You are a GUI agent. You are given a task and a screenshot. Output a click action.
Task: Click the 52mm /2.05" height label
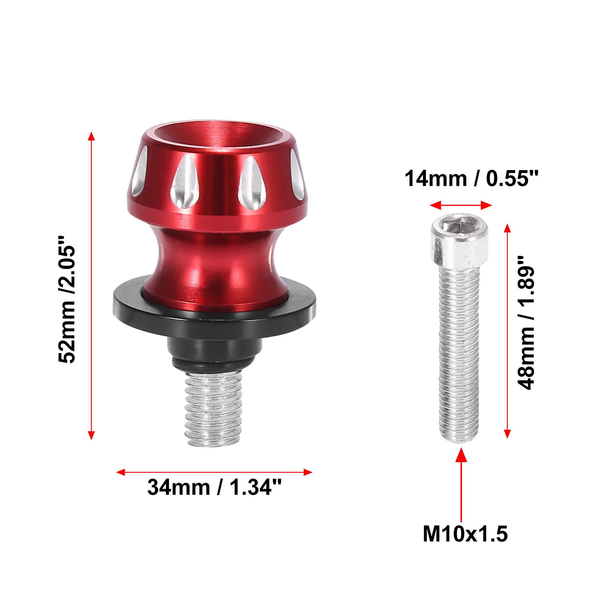pos(67,299)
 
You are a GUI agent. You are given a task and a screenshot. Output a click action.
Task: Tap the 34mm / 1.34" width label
pos(214,487)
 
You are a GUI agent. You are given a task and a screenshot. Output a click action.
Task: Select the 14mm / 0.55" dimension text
pos(471,179)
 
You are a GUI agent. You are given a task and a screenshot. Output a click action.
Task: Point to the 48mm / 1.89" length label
pos(527,323)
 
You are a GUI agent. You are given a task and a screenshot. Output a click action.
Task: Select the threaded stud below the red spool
pos(213,409)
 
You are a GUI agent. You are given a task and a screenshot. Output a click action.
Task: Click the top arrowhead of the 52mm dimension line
pos(91,136)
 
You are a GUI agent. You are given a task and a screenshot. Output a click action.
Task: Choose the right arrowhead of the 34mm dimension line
pos(308,472)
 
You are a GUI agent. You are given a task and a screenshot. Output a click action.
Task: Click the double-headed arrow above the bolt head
pos(461,205)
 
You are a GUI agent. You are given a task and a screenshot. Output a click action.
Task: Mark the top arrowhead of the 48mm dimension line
pos(507,228)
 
